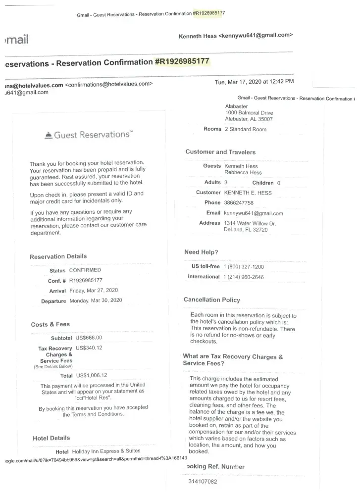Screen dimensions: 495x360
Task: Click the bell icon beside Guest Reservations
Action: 48,135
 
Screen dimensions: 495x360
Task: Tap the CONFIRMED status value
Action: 85,270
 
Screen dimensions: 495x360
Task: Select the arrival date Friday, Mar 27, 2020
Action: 94,291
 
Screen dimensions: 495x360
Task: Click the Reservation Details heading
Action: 58,256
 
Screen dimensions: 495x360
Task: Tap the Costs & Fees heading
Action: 50,325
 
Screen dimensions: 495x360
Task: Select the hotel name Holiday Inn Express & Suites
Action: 106,451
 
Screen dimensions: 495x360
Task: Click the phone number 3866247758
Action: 239,203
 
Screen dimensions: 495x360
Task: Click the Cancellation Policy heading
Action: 211,300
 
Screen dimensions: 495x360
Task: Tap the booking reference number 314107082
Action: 203,481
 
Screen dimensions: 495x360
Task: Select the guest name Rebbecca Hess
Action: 243,173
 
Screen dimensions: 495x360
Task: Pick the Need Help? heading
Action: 201,252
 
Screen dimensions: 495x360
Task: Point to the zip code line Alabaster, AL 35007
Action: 249,119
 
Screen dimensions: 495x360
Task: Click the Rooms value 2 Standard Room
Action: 245,129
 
